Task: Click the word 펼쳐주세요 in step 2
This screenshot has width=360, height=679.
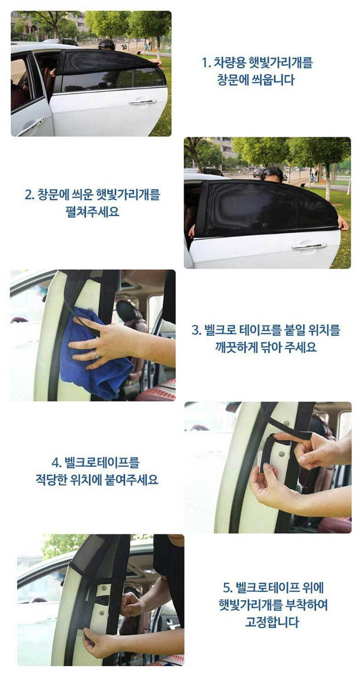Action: point(93,212)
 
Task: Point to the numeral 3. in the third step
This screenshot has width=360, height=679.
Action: point(197,330)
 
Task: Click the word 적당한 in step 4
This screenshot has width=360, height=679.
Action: point(51,480)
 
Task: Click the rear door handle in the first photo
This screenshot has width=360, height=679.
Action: point(142,102)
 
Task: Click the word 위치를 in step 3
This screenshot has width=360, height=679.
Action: point(324,330)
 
